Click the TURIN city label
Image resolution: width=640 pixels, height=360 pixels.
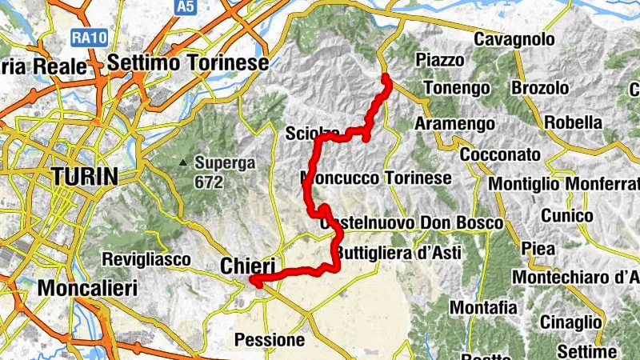(84, 177)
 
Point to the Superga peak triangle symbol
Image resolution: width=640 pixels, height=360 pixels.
(184, 163)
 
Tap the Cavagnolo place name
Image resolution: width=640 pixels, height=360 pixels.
(514, 38)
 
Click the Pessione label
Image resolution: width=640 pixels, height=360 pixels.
(270, 340)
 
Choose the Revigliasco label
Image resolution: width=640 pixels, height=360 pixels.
(146, 259)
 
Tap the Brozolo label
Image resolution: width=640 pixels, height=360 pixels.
(540, 87)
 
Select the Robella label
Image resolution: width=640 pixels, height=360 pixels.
(573, 122)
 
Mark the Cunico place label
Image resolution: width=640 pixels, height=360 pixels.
(567, 216)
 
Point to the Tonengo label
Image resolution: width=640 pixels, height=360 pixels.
(455, 86)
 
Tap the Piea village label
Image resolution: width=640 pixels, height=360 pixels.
(538, 249)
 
